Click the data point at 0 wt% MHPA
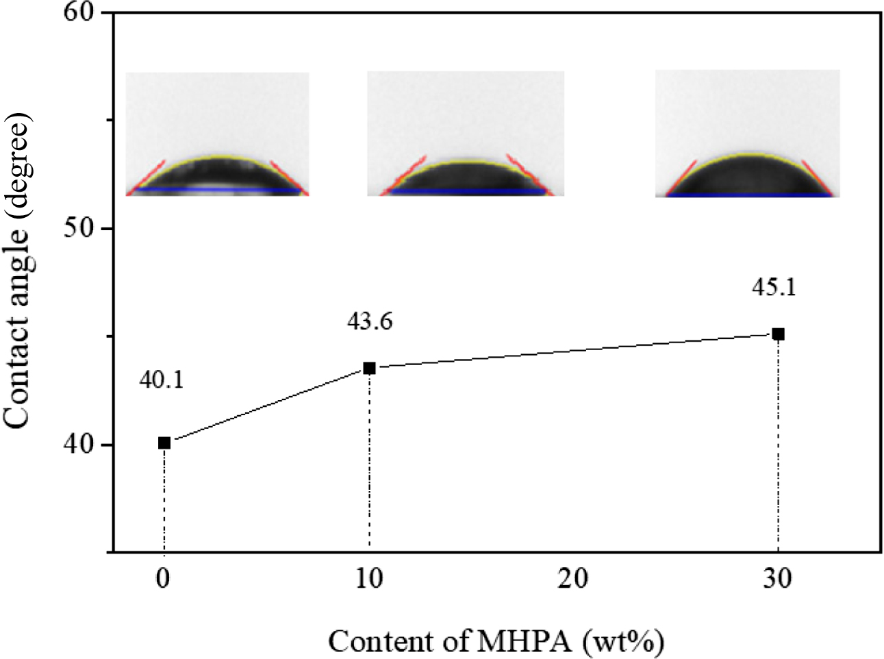pos(164,443)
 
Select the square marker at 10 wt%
pos(369,369)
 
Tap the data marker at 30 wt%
pos(778,334)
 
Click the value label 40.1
pos(162,379)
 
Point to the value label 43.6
pos(370,321)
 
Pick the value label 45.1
pos(774,286)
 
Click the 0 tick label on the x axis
pos(163,579)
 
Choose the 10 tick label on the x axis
pos(369,579)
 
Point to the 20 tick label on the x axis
pos(572,579)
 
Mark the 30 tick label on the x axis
pos(777,579)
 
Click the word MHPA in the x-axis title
pos(525,642)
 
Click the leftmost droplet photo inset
pos(218,134)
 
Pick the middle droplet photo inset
pos(466,134)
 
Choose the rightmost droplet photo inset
pos(748,134)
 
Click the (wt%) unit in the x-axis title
pos(624,642)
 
